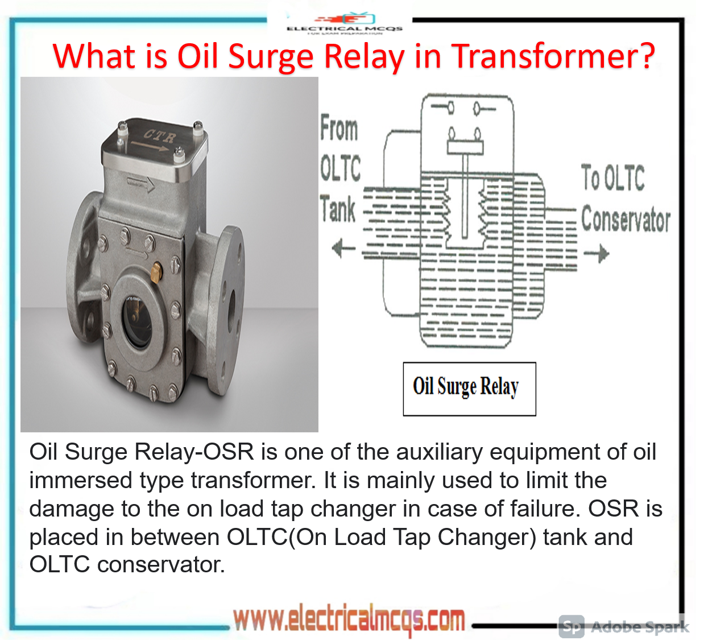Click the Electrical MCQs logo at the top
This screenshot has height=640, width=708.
[x=345, y=24]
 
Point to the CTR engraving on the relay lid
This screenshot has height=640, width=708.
[x=159, y=136]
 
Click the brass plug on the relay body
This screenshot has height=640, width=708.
[x=155, y=270]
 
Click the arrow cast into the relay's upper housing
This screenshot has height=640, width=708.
[x=141, y=184]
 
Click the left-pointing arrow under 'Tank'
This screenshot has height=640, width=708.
[x=343, y=248]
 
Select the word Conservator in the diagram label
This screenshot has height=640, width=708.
[x=626, y=220]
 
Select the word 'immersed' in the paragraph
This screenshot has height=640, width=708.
[x=80, y=480]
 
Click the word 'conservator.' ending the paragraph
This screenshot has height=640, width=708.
[x=161, y=564]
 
